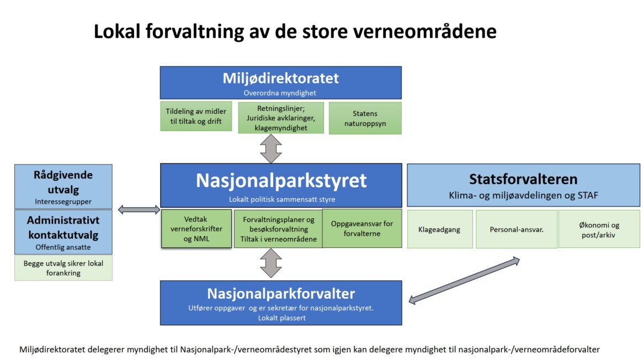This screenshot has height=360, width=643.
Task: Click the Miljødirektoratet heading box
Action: pyautogui.click(x=280, y=82)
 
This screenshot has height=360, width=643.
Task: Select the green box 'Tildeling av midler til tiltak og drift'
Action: pyautogui.click(x=196, y=116)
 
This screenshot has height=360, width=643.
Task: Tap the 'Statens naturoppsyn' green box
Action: pyautogui.click(x=365, y=118)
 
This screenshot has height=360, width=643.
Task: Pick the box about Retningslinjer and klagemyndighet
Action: pyautogui.click(x=281, y=118)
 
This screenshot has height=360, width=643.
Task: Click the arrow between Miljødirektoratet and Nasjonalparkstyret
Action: pyautogui.click(x=270, y=149)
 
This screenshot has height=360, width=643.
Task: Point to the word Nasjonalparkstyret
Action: pyautogui.click(x=281, y=181)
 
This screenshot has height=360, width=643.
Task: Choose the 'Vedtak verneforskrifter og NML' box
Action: pyautogui.click(x=196, y=229)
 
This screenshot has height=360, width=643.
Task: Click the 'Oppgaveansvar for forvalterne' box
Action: pyautogui.click(x=362, y=229)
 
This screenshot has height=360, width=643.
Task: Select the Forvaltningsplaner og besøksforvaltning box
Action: pyautogui.click(x=278, y=229)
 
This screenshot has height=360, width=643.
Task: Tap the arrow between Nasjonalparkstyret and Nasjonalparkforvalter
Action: pyautogui.click(x=270, y=263)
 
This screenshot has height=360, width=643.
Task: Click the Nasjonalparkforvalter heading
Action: pyautogui.click(x=281, y=294)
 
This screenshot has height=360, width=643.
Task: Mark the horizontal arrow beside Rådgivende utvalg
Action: pyautogui.click(x=139, y=210)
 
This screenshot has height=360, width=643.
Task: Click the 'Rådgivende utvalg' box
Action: pyautogui.click(x=63, y=187)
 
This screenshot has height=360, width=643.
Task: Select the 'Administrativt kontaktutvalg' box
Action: pyautogui.click(x=63, y=232)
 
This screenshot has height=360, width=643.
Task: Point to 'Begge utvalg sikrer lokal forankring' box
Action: pyautogui.click(x=63, y=268)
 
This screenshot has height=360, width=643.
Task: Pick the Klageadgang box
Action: pyautogui.click(x=439, y=229)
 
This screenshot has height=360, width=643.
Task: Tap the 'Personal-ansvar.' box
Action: pyautogui.click(x=516, y=229)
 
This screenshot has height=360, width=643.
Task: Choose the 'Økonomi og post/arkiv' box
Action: pyautogui.click(x=599, y=229)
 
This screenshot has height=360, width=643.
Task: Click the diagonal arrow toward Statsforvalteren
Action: pyautogui.click(x=464, y=280)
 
